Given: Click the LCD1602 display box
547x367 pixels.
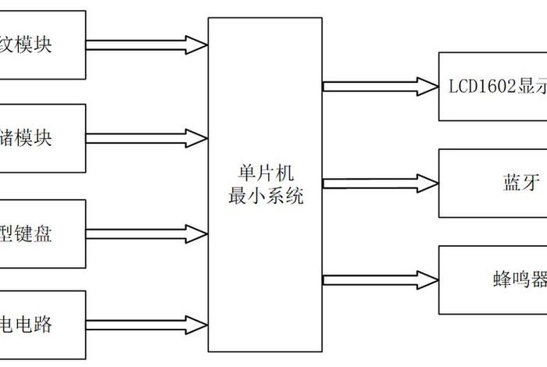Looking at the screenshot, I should (492, 87).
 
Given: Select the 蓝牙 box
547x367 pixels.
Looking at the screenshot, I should (492, 183).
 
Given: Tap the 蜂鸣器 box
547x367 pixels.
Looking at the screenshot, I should (492, 280).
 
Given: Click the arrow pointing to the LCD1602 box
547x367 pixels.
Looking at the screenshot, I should (380, 85).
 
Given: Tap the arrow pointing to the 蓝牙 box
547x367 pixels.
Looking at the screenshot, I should (380, 183).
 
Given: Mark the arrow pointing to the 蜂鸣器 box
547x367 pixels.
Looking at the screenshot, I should (380, 280).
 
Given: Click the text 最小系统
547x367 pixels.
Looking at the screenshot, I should (265, 196).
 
